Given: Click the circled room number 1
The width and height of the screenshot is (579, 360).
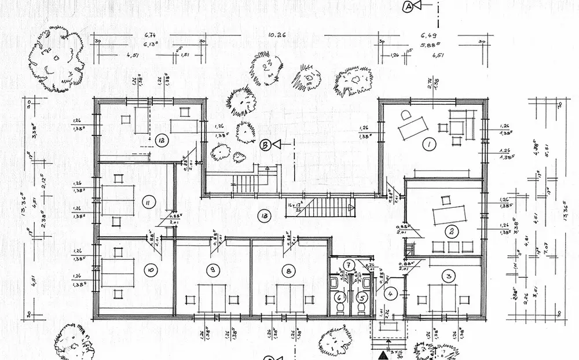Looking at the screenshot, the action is coord(428,145).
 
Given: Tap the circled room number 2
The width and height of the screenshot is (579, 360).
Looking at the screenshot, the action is coord(450,232).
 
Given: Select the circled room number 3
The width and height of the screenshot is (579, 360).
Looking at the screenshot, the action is coord(449,276).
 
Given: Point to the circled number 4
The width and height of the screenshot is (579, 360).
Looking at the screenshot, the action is coord(391,293).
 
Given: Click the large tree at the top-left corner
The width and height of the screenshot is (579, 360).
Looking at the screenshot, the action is coord(57,60).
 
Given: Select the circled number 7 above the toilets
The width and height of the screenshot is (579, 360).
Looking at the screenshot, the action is coord(349,266).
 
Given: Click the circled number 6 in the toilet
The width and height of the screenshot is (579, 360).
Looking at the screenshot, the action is coord(340,298).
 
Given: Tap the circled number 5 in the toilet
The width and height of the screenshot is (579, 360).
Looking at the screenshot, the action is coord(362,298).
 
